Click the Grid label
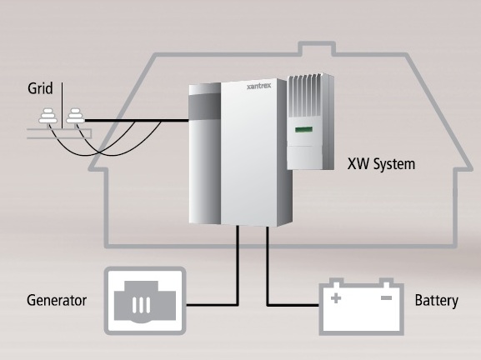(40, 88)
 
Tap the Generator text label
(57, 300)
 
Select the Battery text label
(437, 301)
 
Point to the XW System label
(381, 164)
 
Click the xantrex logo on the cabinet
(259, 86)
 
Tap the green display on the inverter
(303, 129)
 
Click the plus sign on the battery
(336, 298)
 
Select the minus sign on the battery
(386, 297)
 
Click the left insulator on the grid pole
(48, 116)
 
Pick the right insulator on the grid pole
(76, 116)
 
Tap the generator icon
(145, 301)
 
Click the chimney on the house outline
(317, 48)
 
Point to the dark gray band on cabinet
(204, 107)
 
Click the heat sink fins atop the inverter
(306, 94)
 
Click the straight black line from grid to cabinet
(137, 121)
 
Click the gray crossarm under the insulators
(59, 133)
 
